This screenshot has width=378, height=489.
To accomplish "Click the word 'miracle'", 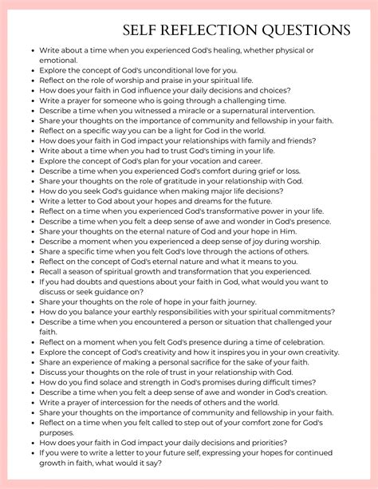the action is click(x=190, y=112).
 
